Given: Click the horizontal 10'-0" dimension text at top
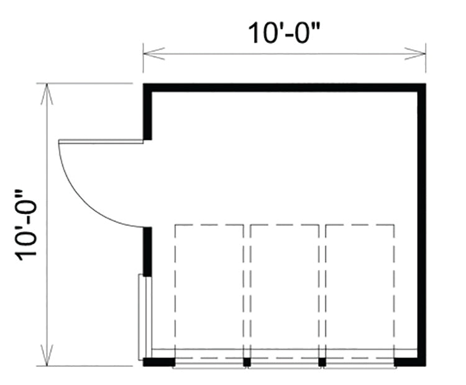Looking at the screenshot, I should coord(284,32).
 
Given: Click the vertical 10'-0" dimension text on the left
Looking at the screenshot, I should coord(29,224).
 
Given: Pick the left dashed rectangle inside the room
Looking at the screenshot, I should coord(209,292).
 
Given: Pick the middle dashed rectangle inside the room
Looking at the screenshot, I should coord(285,292).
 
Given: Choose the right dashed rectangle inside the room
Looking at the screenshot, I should coord(360,292).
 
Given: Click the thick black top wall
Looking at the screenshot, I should coord(284,87).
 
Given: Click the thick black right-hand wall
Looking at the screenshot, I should coord(422,224).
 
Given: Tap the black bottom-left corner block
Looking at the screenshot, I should coord(158,361).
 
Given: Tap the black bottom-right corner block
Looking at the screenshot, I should coord(409,361).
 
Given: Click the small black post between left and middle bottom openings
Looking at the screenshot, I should coord(247,361).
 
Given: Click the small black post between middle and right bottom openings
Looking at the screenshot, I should coord(322,361).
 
